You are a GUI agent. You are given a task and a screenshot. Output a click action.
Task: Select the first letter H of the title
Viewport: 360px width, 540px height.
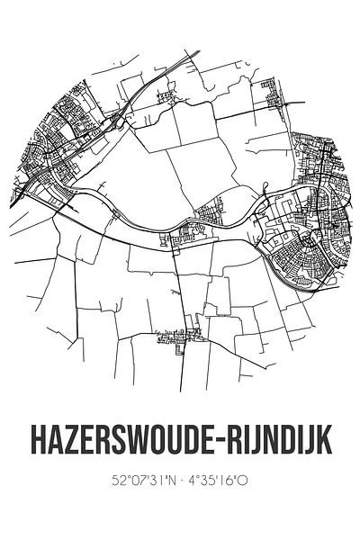[31, 442]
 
